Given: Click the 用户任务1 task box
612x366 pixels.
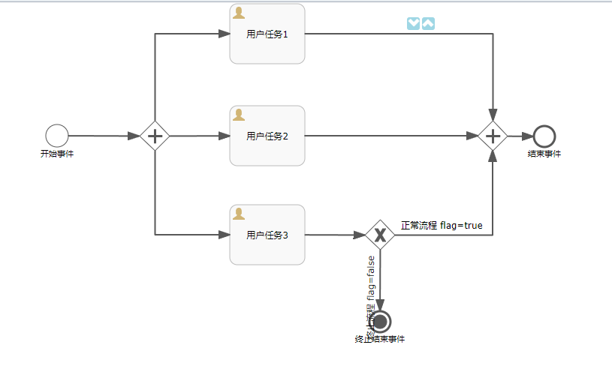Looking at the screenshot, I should tap(267, 34).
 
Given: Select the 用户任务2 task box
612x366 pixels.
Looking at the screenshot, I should tap(267, 136).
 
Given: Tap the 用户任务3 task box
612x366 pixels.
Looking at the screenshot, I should tap(267, 235).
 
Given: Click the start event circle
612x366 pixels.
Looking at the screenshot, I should tap(57, 136).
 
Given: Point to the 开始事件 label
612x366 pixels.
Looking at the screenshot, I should tap(57, 154).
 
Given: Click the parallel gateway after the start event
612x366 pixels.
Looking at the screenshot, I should tap(155, 136).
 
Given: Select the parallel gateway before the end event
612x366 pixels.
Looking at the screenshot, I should tap(493, 136).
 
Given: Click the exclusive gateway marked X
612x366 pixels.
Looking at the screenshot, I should tap(380, 235).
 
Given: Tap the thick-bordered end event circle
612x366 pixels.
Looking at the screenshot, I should tap(544, 136).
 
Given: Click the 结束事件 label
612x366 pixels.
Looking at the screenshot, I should tap(544, 154).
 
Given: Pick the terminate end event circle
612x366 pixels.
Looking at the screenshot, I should tap(380, 322).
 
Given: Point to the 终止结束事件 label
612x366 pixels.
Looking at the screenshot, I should tap(380, 340).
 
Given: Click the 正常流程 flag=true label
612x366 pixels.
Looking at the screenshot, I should tap(442, 225).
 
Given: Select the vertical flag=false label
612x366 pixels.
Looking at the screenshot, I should tap(370, 289).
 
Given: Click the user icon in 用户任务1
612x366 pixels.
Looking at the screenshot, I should tap(239, 13).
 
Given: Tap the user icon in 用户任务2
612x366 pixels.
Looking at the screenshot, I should tap(239, 115).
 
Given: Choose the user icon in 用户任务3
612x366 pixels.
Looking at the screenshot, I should tap(239, 214).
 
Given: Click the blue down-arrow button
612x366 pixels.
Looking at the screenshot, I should tap(413, 24).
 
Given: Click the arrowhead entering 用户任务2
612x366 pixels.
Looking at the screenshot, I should tap(225, 136).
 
